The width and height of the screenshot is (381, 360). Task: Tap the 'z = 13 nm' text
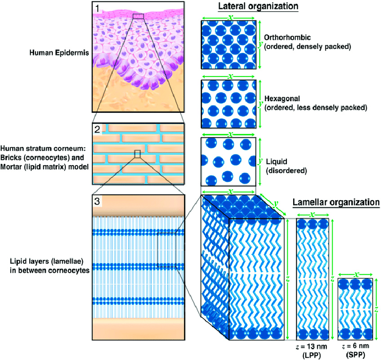(313, 346)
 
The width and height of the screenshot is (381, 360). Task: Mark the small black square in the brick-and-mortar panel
(138, 154)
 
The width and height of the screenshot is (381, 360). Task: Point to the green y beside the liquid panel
(260, 160)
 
